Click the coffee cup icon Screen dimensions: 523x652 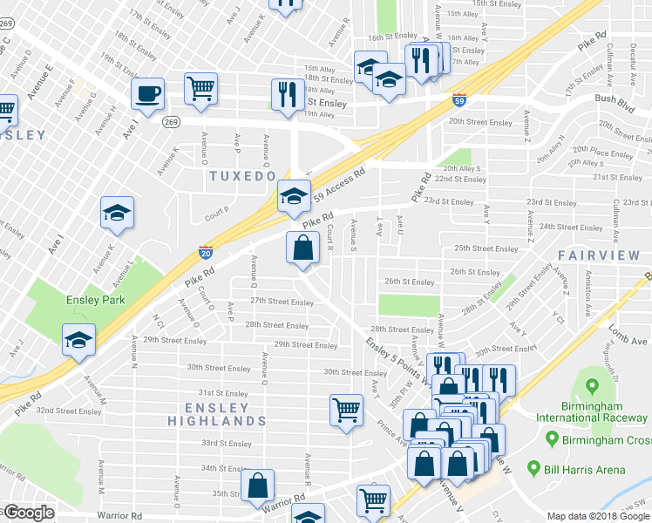[x=147, y=94]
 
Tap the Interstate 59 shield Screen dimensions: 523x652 [x=459, y=99]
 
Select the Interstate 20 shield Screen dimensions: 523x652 [x=205, y=252]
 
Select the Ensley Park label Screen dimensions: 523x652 [x=96, y=300]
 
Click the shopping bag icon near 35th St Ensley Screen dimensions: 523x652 [x=258, y=486]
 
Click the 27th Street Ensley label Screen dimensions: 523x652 [x=282, y=302]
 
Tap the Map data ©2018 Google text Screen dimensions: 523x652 [x=598, y=516]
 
